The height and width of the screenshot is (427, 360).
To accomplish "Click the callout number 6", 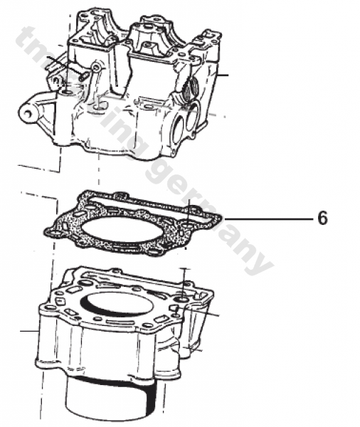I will pos(322,218).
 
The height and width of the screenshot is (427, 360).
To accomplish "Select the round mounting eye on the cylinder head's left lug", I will pos(29,113).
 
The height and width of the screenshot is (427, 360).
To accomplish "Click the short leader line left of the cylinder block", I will pos(28,332).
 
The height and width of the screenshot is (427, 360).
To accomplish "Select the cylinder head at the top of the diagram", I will pos(128,85).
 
